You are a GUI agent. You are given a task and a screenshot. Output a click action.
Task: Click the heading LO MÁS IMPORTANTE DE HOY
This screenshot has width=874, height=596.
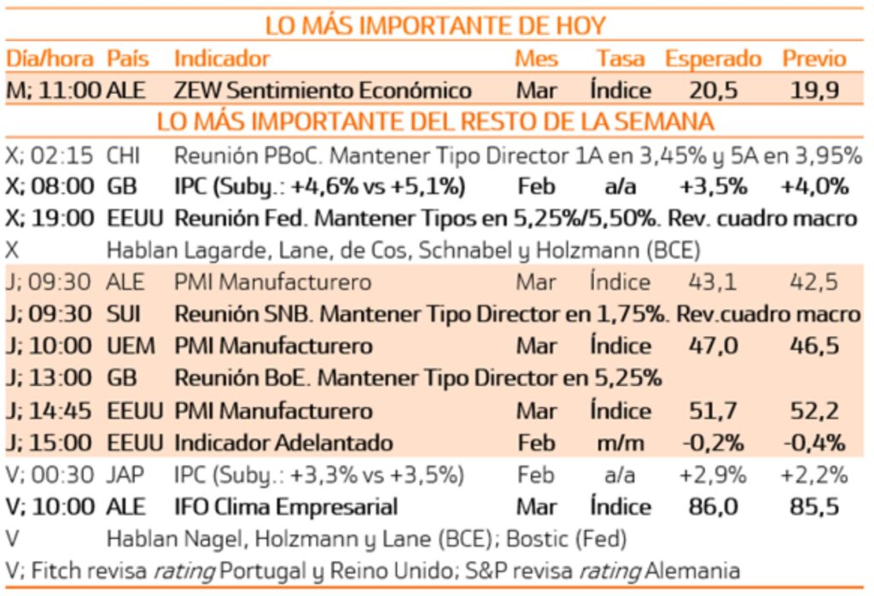click(435, 26)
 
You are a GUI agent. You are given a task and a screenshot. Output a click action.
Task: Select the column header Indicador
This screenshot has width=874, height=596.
click(222, 58)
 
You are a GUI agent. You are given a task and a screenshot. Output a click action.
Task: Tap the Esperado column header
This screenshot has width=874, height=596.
click(713, 58)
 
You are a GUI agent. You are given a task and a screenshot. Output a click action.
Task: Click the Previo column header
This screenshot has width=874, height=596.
click(814, 58)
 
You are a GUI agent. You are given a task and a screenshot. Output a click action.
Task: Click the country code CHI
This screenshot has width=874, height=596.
click(125, 155)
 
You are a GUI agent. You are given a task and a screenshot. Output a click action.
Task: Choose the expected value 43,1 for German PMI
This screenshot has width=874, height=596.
click(713, 283)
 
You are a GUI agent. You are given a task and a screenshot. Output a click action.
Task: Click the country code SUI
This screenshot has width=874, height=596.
click(125, 314)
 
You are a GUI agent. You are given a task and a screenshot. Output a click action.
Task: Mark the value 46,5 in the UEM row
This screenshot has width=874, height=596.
click(814, 346)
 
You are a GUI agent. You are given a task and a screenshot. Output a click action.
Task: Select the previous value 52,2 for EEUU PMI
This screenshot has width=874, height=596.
click(814, 411)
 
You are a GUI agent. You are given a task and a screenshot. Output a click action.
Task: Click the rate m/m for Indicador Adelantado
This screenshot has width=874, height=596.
click(620, 442)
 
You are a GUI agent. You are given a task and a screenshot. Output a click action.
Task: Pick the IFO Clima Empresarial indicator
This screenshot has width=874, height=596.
click(286, 506)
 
